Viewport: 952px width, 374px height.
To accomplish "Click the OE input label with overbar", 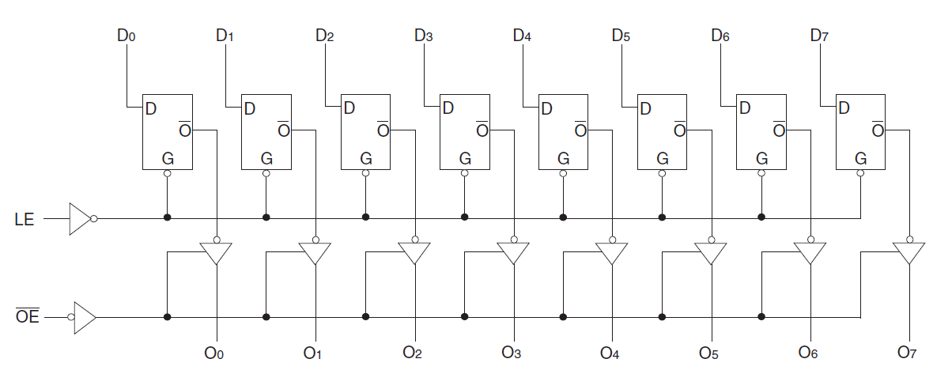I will (26, 318).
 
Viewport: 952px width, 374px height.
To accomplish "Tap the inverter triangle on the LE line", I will (80, 219).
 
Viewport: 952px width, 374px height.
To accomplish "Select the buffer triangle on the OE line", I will (84, 318).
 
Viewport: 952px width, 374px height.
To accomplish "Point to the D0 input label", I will (126, 36).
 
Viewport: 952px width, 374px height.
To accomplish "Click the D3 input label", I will (423, 36).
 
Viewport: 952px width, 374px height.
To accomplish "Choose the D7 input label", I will (819, 36).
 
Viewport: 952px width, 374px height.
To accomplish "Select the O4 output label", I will (610, 352).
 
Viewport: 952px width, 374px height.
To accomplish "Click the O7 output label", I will (907, 352).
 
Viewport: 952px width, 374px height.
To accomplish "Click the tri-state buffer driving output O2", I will (414, 253).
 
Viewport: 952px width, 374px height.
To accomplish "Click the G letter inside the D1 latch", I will (266, 158).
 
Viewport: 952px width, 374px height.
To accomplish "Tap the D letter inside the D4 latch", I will (546, 109).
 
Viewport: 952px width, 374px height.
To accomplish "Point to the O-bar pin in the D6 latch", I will (779, 129).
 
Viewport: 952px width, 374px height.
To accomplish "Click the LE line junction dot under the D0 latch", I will (167, 217).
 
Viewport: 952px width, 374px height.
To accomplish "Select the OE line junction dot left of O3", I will (464, 317).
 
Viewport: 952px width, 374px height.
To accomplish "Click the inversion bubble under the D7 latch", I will (860, 174).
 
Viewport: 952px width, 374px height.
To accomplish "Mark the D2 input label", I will (324, 36).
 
